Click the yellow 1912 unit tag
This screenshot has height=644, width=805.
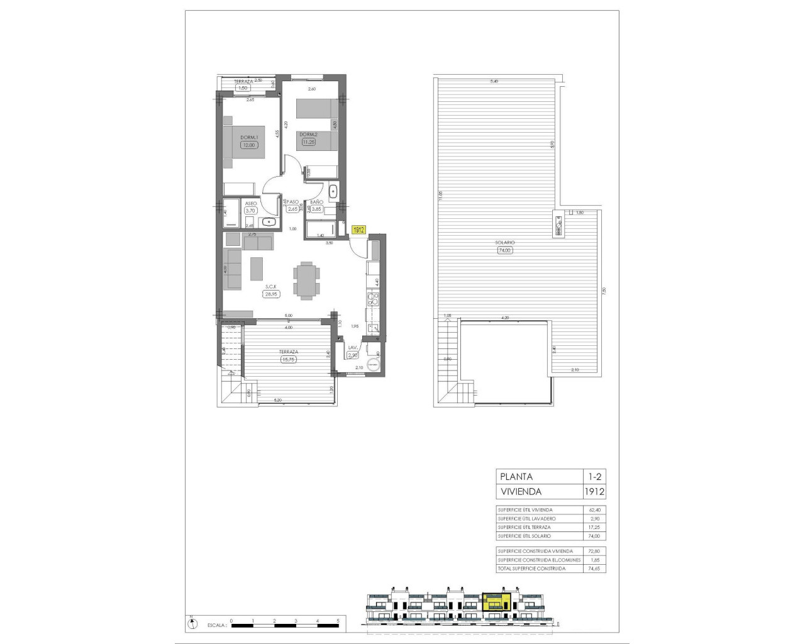(x=358, y=230)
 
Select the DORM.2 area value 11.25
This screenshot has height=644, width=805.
(x=308, y=142)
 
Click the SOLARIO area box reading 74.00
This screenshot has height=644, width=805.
(x=504, y=250)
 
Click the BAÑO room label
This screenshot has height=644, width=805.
(x=316, y=202)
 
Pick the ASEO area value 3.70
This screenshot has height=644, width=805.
(x=250, y=211)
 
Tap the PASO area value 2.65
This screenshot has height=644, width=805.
(x=293, y=209)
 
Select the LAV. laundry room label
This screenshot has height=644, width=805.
(x=352, y=348)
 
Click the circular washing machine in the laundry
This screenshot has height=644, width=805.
(x=372, y=365)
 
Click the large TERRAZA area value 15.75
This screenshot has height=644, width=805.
(x=288, y=360)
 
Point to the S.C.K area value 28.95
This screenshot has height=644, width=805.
(x=272, y=294)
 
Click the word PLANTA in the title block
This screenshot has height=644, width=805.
(x=516, y=477)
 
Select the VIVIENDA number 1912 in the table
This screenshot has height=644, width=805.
(x=594, y=492)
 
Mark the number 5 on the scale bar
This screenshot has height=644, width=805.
(x=338, y=621)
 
